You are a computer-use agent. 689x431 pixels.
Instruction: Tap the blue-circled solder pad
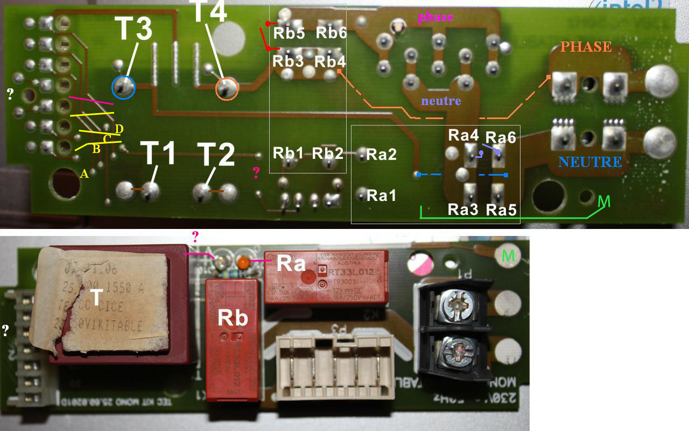[124, 87]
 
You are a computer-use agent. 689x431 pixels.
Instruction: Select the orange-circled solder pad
[227, 88]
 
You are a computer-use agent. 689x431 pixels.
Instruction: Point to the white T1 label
[158, 154]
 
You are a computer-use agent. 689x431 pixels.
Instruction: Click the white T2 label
[215, 156]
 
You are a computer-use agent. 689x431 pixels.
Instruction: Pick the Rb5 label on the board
[289, 33]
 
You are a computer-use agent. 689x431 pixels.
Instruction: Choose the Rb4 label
[330, 61]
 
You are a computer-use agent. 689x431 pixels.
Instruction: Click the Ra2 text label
[381, 155]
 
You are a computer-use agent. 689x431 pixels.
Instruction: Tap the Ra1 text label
[381, 196]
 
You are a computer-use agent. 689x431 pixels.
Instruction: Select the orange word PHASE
[586, 47]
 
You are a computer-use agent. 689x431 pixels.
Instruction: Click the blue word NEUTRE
[590, 162]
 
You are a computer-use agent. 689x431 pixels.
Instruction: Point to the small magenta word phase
[435, 17]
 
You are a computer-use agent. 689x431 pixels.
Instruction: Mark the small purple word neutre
[441, 100]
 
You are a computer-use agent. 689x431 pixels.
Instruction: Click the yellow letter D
[119, 128]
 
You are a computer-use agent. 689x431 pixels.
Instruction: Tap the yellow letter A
[83, 173]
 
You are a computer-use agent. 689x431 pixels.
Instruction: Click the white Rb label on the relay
[233, 318]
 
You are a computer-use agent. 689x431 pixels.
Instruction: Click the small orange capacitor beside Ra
[243, 262]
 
